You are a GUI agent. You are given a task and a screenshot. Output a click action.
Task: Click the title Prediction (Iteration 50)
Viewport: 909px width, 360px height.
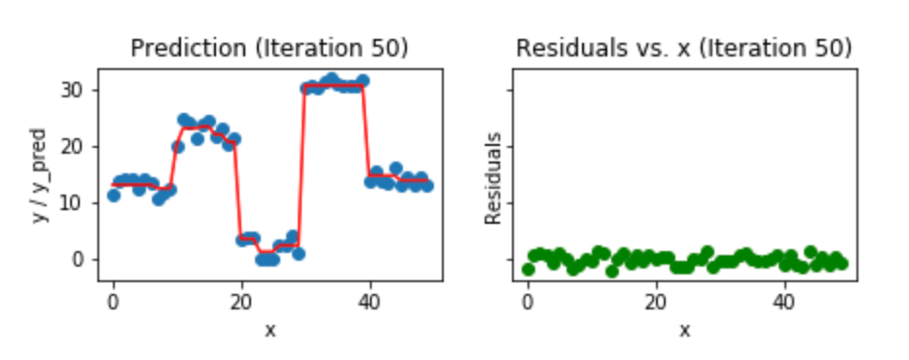(270, 48)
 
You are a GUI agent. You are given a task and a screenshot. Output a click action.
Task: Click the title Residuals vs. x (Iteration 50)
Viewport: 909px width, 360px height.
(684, 48)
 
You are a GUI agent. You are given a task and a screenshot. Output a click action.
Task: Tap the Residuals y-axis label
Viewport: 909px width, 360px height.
(493, 179)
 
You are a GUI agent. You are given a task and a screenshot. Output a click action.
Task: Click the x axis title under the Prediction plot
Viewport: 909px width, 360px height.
(270, 330)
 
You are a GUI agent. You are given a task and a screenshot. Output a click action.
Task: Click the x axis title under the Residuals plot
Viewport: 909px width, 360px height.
(684, 330)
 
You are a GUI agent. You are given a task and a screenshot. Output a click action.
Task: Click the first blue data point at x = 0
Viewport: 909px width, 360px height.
(113, 196)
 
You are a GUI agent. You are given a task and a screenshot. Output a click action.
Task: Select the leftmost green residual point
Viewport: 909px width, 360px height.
(527, 270)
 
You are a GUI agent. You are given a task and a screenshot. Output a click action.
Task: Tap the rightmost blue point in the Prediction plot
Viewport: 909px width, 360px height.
(427, 185)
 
